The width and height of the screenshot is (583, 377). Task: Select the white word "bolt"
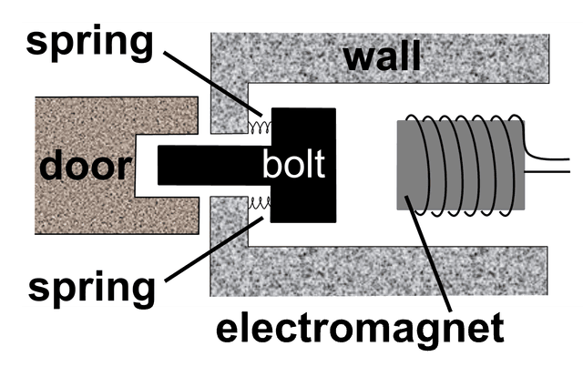293,164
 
